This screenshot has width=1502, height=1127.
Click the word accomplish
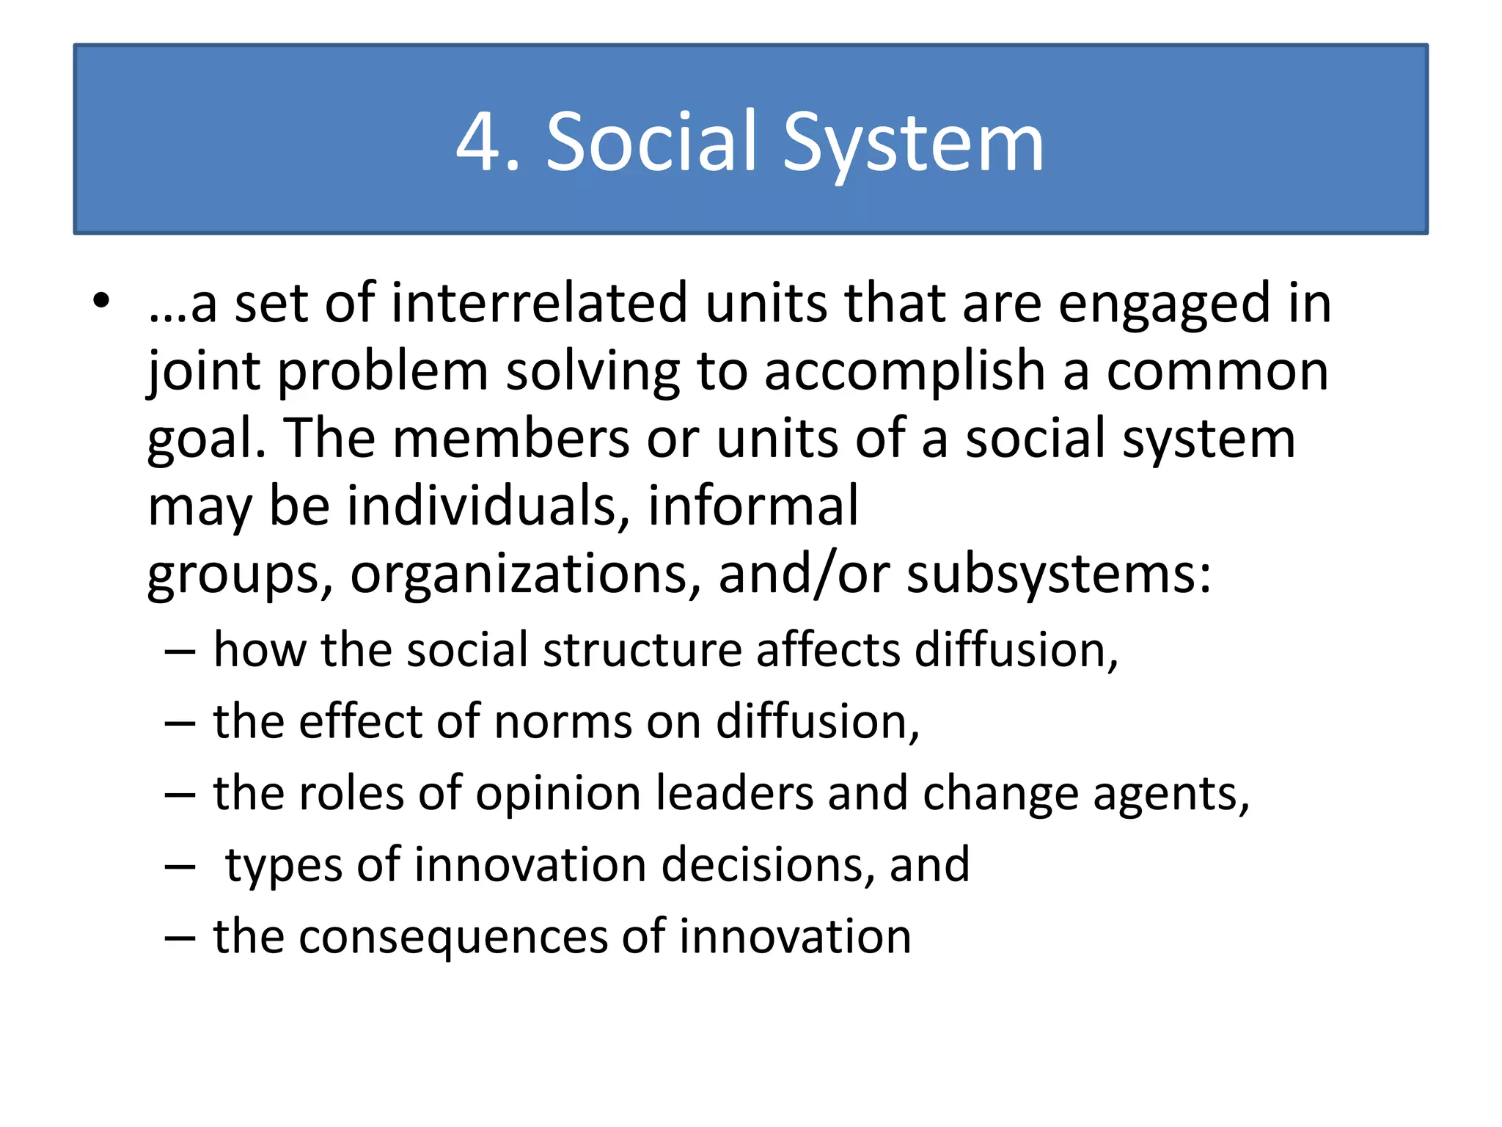tap(904, 372)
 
